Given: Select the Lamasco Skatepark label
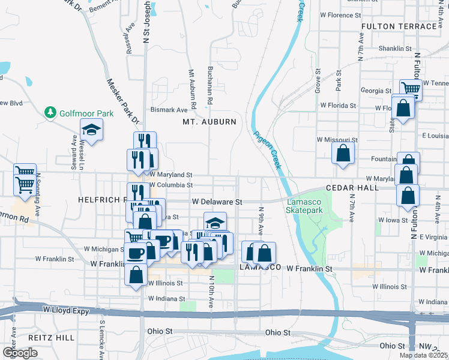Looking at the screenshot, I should (304, 206).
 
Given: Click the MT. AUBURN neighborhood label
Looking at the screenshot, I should (209, 122).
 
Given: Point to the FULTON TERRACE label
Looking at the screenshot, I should (399, 27).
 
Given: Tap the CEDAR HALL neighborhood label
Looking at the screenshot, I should (352, 188).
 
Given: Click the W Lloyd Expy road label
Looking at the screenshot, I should (67, 310).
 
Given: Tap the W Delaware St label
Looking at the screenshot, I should (216, 202).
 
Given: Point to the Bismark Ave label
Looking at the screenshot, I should (169, 110).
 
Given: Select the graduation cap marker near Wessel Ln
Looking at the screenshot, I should (91, 130).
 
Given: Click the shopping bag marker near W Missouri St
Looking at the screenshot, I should (342, 153).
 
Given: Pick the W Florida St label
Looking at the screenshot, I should (338, 105).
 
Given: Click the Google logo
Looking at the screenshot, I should (20, 353).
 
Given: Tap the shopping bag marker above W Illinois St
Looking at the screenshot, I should (136, 275).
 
